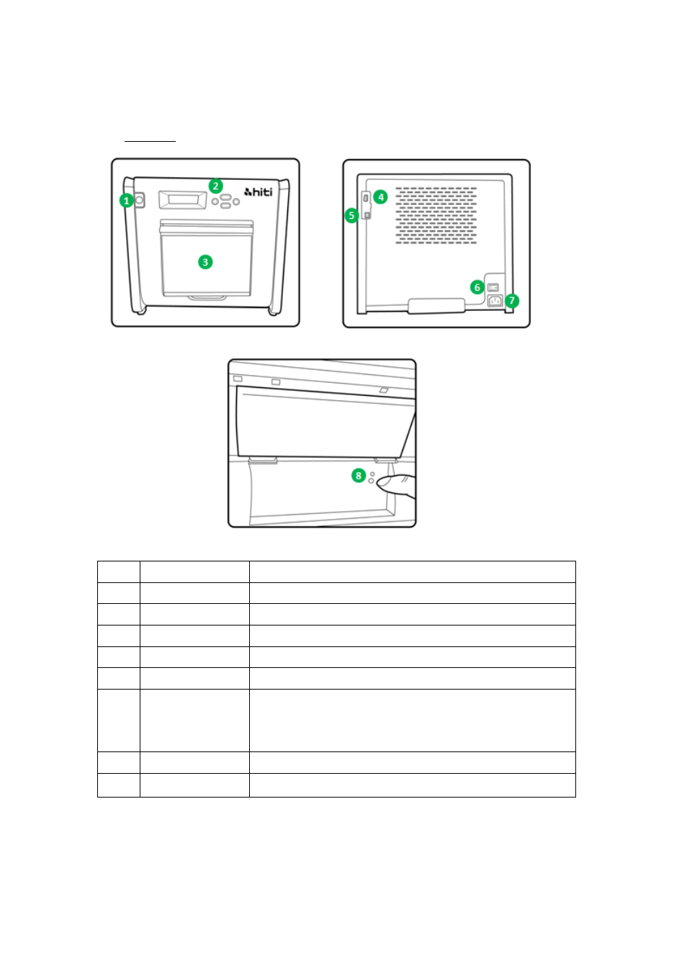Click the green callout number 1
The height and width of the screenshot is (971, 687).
click(126, 201)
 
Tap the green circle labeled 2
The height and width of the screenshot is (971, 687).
click(215, 186)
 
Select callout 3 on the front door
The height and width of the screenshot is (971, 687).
click(205, 262)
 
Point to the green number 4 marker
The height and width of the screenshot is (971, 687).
click(380, 197)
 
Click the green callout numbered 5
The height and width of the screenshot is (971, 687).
click(351, 215)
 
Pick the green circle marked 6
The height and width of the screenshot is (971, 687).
click(477, 287)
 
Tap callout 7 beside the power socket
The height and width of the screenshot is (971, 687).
click(512, 300)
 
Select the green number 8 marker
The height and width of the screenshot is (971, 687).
click(358, 476)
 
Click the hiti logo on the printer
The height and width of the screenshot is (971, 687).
click(259, 191)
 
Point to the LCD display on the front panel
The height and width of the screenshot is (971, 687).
click(183, 200)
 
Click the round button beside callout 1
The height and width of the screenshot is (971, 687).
click(139, 200)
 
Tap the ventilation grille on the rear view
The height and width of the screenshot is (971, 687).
click(436, 215)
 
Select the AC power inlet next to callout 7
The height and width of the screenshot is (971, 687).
click(495, 300)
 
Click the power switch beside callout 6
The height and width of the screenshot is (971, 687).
click(493, 287)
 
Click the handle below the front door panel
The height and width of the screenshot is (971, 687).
click(207, 298)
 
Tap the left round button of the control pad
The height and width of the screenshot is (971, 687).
click(215, 202)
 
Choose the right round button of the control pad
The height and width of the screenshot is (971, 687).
click(236, 202)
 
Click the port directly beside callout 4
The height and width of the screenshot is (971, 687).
click(366, 198)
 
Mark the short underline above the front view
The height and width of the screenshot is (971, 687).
click(150, 141)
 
